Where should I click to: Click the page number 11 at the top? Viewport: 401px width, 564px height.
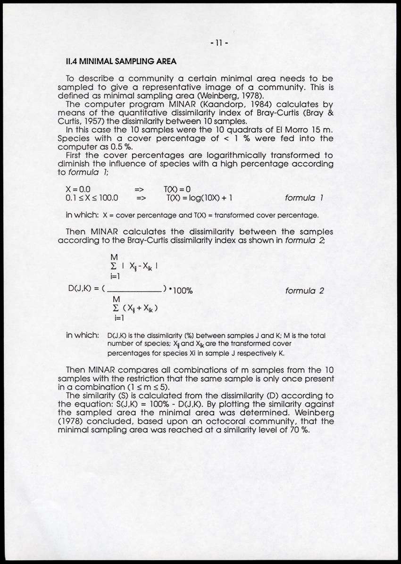[x=219, y=43]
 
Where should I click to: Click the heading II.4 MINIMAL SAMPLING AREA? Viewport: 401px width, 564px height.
[x=121, y=61]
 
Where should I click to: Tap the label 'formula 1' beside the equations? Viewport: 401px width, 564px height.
[x=305, y=198]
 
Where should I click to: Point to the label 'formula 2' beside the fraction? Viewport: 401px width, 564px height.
[x=305, y=290]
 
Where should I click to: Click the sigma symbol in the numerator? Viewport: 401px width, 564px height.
[x=113, y=265]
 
